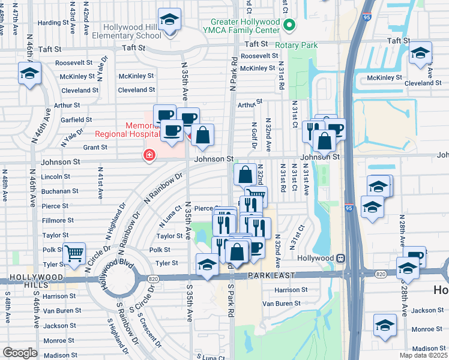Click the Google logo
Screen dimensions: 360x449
(x=20, y=352)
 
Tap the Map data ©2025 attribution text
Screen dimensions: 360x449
(x=423, y=355)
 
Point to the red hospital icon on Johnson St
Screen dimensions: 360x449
(x=148, y=156)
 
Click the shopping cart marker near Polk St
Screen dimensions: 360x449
(x=74, y=254)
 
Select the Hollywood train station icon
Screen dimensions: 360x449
(x=340, y=257)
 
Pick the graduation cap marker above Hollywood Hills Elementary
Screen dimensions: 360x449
(x=170, y=19)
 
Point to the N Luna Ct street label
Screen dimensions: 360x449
(x=170, y=216)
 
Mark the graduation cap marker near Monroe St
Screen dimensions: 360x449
(x=385, y=325)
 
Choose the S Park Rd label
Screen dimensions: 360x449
(x=231, y=300)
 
